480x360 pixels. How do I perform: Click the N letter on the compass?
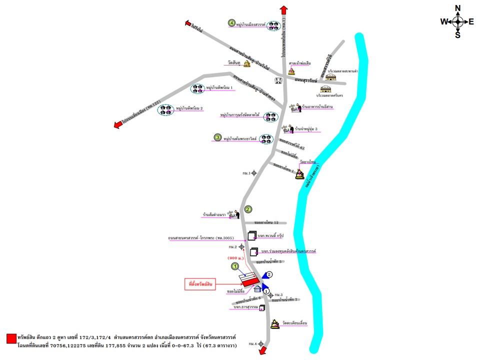[457, 8]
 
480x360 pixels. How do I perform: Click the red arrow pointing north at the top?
[283, 10]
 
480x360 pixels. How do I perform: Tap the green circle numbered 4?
[231, 22]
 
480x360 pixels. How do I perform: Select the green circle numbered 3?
[217, 137]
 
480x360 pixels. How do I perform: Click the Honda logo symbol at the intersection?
[278, 80]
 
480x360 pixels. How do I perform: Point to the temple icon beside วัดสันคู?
[247, 64]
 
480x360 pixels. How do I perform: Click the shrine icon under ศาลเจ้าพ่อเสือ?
[291, 71]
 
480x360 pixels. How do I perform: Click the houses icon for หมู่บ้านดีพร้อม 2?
[165, 110]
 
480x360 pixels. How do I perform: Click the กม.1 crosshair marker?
[254, 173]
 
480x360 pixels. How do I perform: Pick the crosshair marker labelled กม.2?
[241, 246]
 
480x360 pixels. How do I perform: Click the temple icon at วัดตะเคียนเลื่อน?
[275, 324]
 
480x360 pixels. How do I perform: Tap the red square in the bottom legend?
[11, 338]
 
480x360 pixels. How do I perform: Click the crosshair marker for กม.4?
[260, 343]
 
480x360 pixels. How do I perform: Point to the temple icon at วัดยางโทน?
[299, 174]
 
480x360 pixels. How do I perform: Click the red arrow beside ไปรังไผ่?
[188, 23]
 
